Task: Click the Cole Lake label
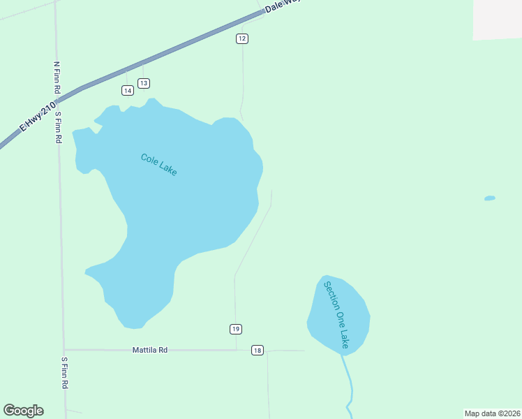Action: pos(159,165)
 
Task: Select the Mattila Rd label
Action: pos(150,350)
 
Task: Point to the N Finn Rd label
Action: pos(57,78)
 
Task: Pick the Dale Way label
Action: pos(282,8)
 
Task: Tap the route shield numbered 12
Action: pos(241,38)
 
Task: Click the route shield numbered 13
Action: pos(143,83)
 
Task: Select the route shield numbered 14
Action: pos(127,90)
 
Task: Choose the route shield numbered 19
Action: pos(236,329)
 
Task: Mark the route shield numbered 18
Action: pos(258,350)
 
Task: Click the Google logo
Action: pos(23,411)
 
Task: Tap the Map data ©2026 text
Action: pos(492,413)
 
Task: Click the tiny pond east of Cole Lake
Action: pos(490,198)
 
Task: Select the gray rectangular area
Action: pos(497,19)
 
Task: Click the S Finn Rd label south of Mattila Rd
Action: pos(64,373)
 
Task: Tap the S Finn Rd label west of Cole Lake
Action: pos(59,128)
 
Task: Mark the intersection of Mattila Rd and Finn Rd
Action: pos(64,350)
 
